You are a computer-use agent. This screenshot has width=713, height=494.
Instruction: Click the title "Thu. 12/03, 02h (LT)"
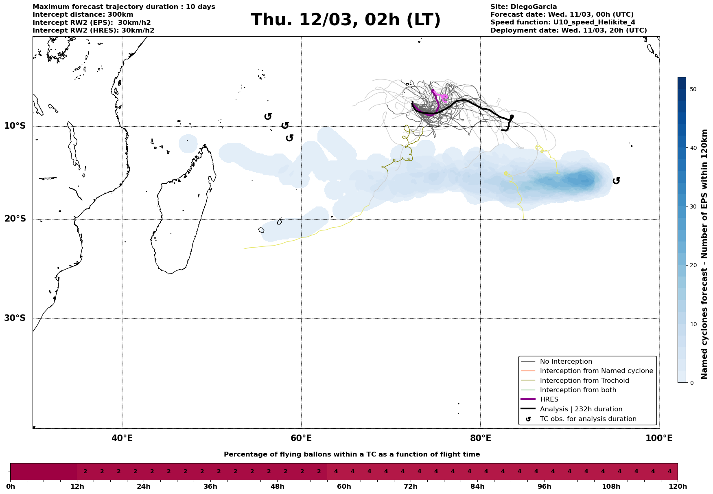(x=346, y=20)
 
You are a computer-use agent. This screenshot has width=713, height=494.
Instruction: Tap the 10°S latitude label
(x=15, y=126)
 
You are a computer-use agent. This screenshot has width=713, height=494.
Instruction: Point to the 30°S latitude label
(x=15, y=318)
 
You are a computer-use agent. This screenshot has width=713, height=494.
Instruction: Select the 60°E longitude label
(x=301, y=438)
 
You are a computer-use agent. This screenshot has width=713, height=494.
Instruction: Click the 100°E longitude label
(x=659, y=438)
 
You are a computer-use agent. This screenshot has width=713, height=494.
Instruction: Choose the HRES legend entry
(x=549, y=400)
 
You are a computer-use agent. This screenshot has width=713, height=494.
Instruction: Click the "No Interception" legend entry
(x=566, y=362)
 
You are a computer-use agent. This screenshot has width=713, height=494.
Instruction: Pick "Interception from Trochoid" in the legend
(x=584, y=381)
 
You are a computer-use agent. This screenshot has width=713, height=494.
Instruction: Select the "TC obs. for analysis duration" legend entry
(x=588, y=419)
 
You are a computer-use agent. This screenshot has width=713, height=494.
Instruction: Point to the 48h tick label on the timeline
(x=277, y=487)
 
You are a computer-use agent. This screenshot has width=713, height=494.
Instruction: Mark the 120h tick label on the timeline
(x=678, y=487)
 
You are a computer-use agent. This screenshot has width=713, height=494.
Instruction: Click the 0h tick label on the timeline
(x=10, y=487)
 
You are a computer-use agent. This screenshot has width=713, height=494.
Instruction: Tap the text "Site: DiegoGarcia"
(x=523, y=7)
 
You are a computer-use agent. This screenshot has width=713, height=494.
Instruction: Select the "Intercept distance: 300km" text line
(x=83, y=15)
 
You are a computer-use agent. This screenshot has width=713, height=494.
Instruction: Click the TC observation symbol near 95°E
(x=616, y=181)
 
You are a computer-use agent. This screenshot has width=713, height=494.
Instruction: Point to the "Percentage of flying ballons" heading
(x=352, y=454)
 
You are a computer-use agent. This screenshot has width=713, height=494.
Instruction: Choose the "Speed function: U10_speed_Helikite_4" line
(x=562, y=22)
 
